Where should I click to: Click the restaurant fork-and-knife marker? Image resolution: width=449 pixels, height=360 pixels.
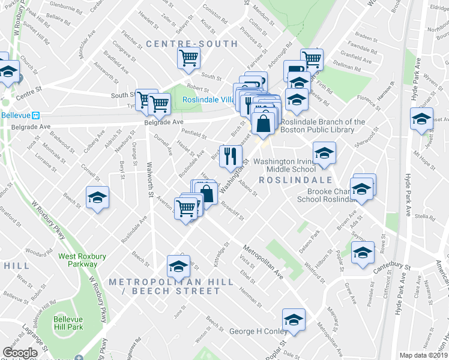point(231,157)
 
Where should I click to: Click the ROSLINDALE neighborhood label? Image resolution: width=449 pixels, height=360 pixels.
point(295,180)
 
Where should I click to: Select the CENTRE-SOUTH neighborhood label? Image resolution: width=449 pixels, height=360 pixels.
point(192,44)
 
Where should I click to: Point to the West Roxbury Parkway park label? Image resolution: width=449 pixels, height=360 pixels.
point(82,260)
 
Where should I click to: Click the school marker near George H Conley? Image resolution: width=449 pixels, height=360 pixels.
point(294,320)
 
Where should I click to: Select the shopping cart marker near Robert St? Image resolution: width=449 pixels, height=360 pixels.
point(188,59)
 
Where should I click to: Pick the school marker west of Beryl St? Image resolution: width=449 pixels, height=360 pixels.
point(96,198)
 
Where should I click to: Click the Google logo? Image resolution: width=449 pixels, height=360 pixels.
point(20,353)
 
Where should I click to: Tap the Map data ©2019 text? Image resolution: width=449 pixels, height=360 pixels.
point(423,355)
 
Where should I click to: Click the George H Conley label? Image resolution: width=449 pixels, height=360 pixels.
point(259,331)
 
